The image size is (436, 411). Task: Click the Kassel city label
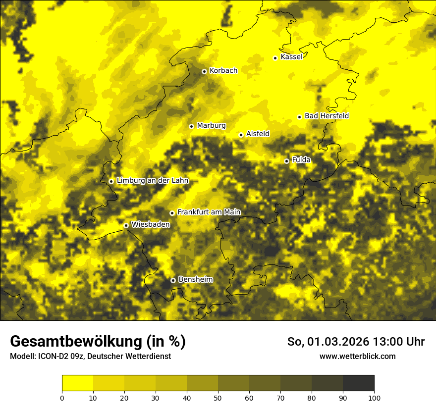[x=291, y=57]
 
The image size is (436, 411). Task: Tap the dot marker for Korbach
[x=204, y=71]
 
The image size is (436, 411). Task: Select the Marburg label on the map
[x=211, y=126]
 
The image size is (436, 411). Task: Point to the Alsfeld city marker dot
[x=241, y=135]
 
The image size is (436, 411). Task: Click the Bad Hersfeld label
[x=327, y=116]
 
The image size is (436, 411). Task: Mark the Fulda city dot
[x=286, y=161]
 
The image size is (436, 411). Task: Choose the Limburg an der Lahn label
[x=153, y=181]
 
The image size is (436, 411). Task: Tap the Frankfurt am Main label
[x=209, y=212]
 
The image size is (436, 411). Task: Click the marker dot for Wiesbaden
[x=126, y=225]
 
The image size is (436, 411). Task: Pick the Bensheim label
[x=195, y=280]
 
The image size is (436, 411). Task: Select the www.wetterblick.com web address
[x=358, y=356]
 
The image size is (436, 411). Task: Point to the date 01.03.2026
[x=335, y=342]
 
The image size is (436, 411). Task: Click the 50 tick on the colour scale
[x=218, y=398]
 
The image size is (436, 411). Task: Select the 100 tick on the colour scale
[x=374, y=398]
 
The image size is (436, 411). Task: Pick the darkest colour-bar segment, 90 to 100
[x=358, y=383]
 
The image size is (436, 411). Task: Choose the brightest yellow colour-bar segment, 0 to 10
[x=77, y=383]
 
